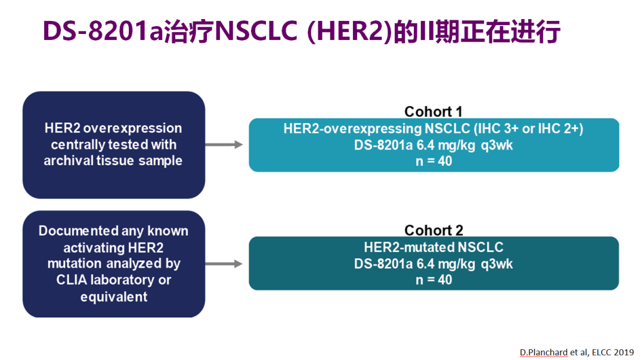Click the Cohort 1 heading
click(x=434, y=111)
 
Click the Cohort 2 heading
click(x=434, y=230)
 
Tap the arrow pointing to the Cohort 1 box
click(x=224, y=144)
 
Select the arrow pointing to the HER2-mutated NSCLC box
click(x=224, y=263)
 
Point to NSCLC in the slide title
click(x=256, y=31)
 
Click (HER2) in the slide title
click(x=349, y=31)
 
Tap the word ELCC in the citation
click(x=602, y=352)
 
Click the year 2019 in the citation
click(x=624, y=352)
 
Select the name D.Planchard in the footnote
click(x=544, y=352)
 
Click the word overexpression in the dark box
click(x=132, y=128)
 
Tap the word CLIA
click(x=72, y=280)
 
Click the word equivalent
click(x=114, y=297)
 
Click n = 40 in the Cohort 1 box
click(x=434, y=161)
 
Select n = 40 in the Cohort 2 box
click(x=434, y=280)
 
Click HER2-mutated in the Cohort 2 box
click(x=409, y=247)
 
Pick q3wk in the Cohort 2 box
click(x=497, y=264)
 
